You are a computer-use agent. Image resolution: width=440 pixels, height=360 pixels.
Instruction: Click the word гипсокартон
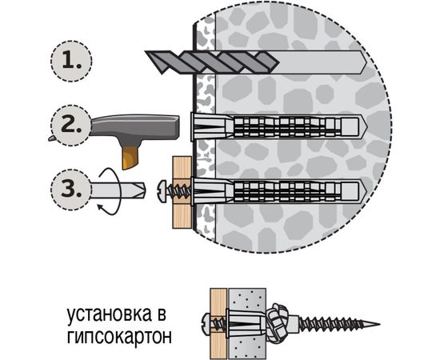coord(120,333)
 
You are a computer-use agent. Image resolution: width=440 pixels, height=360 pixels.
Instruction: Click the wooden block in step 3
coord(181,192)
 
